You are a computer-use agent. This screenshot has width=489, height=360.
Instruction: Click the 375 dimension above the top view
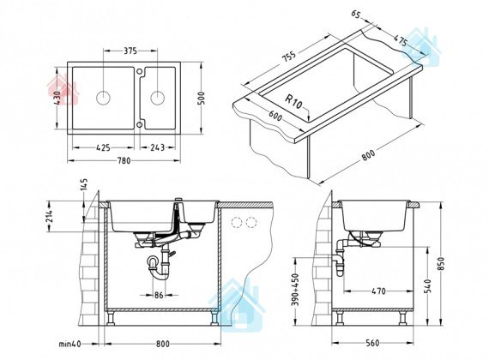(130, 51)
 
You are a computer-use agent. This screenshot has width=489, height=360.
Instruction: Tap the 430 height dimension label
(57, 98)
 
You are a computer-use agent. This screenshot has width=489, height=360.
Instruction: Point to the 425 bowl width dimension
(103, 147)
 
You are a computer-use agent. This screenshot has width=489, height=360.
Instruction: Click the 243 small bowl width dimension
(157, 147)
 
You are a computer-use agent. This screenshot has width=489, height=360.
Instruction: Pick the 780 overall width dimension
(124, 160)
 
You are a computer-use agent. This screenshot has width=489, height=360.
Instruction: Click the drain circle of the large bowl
(103, 98)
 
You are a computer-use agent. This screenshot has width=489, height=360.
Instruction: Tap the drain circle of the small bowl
(158, 98)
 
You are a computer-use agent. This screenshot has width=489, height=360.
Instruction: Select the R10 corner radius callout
(293, 102)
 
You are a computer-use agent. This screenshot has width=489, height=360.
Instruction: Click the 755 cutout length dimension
(288, 57)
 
